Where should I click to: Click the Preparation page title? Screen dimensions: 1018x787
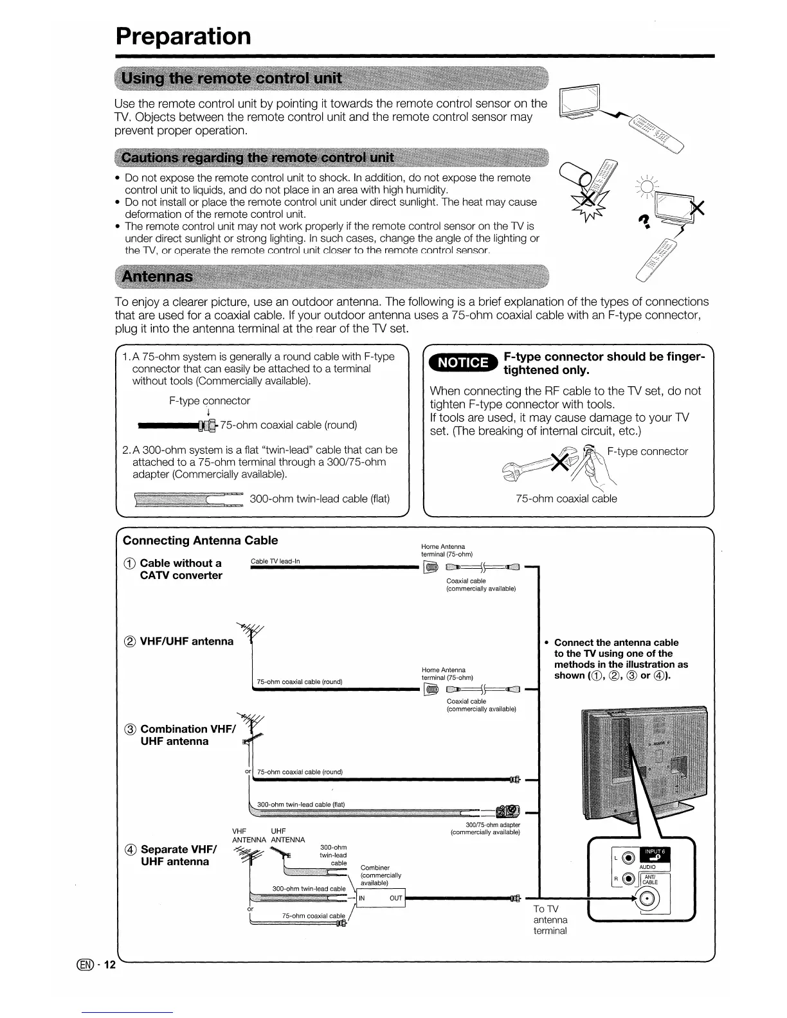tap(183, 36)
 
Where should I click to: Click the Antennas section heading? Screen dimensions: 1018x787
tap(157, 276)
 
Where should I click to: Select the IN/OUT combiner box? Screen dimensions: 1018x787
tap(381, 898)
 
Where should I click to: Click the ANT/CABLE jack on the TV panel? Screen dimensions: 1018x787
tap(648, 898)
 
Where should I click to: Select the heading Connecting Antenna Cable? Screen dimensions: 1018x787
tap(200, 540)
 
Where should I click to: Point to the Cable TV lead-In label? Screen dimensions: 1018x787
tap(275, 561)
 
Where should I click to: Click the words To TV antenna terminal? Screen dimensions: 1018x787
tap(550, 919)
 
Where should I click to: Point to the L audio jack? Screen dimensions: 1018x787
tap(629, 857)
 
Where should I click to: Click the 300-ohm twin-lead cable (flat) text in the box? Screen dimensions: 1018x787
tap(320, 499)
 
